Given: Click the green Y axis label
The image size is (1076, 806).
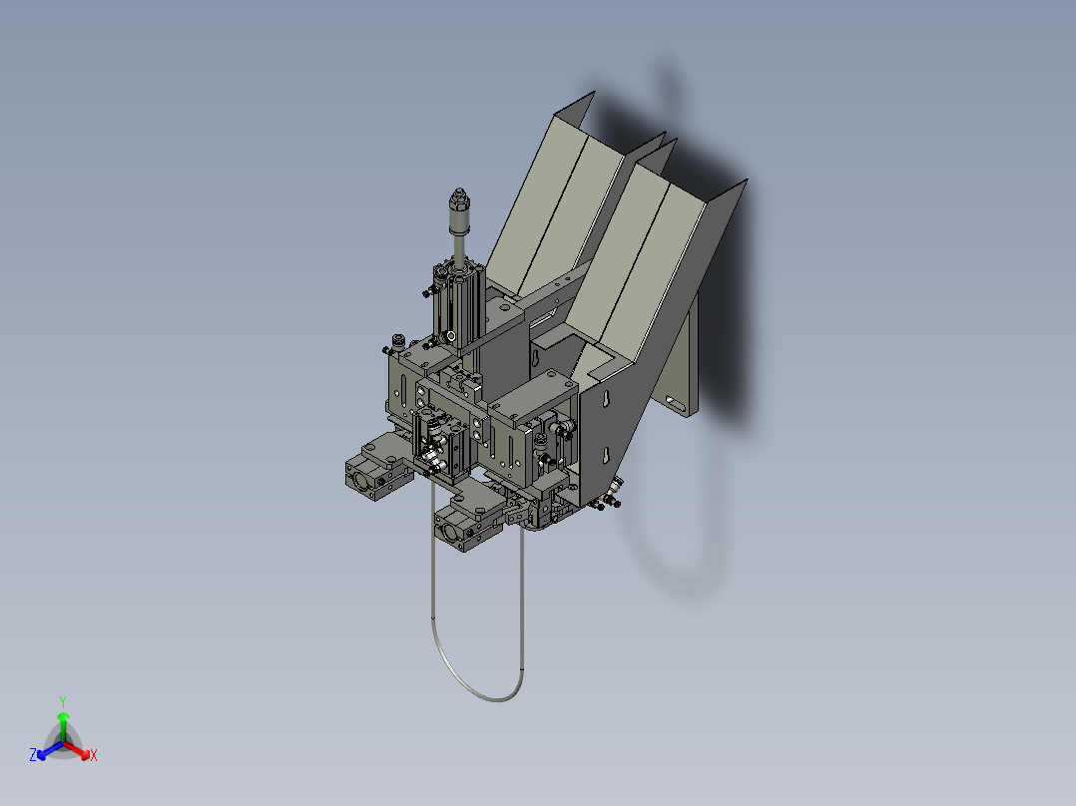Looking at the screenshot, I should [x=62, y=701].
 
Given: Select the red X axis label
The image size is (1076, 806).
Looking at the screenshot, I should [x=94, y=756].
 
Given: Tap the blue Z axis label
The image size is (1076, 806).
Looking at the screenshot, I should [x=33, y=756].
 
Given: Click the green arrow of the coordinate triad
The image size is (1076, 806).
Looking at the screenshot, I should [x=63, y=722].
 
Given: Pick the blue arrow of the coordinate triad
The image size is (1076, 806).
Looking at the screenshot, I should [x=46, y=749].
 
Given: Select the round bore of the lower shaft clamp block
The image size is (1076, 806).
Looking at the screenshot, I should [x=449, y=534].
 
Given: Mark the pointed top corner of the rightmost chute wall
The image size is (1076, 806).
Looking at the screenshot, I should [x=745, y=182].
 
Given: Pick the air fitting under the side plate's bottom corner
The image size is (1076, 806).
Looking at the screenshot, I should [x=613, y=489].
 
